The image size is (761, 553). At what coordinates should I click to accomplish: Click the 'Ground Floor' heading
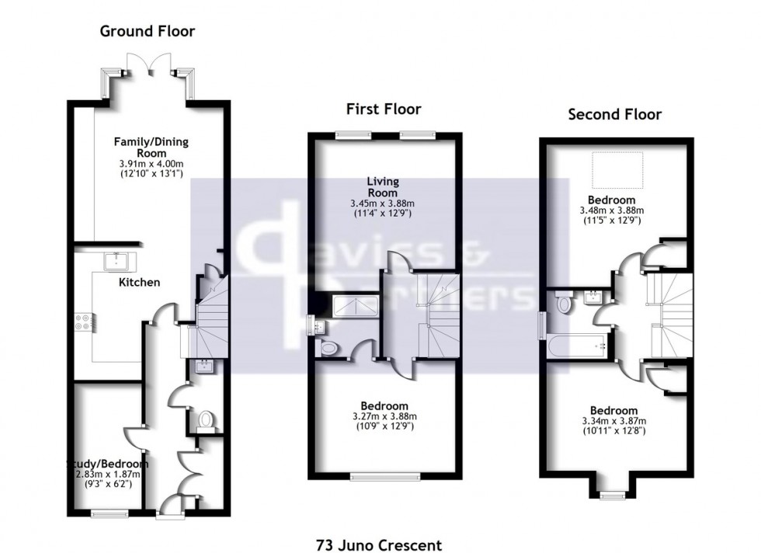click(147, 32)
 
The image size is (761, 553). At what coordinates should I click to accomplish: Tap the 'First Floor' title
click(384, 110)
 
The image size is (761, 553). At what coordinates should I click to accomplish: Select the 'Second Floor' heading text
click(614, 115)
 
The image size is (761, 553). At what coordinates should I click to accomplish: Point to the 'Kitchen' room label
click(139, 282)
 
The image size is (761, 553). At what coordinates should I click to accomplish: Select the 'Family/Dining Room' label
click(151, 148)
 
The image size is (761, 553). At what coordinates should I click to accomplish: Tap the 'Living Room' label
click(383, 186)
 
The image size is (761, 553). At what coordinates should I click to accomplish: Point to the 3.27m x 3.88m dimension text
click(384, 416)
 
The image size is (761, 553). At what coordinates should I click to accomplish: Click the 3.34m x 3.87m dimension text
click(613, 421)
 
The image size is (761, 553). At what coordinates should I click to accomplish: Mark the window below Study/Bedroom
click(109, 513)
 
